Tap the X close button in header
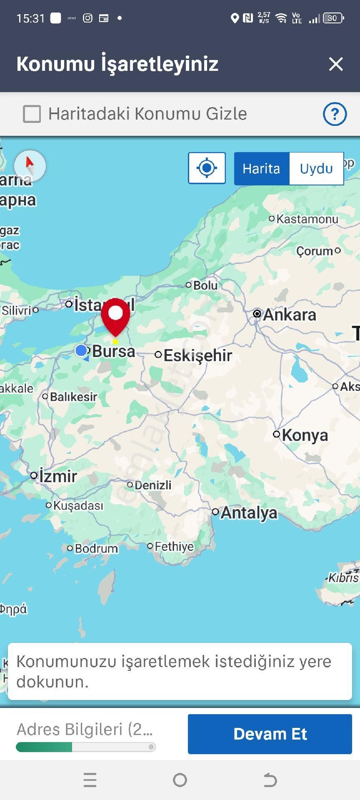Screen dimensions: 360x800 coord(335,64)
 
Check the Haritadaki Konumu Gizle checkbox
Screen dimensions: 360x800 coord(32,114)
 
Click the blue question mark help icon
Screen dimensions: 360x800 coord(335,114)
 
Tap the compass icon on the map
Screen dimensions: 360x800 coord(30,165)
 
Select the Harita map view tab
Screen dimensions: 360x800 coord(261,168)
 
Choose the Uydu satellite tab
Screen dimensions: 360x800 coord(316,168)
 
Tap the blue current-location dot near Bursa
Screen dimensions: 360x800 coord(82,350)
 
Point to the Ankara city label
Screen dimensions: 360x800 coord(289,315)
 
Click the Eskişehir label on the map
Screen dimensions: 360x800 coord(197,355)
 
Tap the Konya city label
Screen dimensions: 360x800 coord(305,435)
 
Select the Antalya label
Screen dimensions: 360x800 coord(249,512)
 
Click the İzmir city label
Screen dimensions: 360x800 coord(58,476)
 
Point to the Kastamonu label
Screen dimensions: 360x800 coord(307,219)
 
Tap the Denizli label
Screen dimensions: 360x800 coord(153,485)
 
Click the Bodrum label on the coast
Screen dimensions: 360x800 coord(96,548)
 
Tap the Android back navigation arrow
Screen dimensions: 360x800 coord(270,780)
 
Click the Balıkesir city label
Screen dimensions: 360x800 coord(73,397)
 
